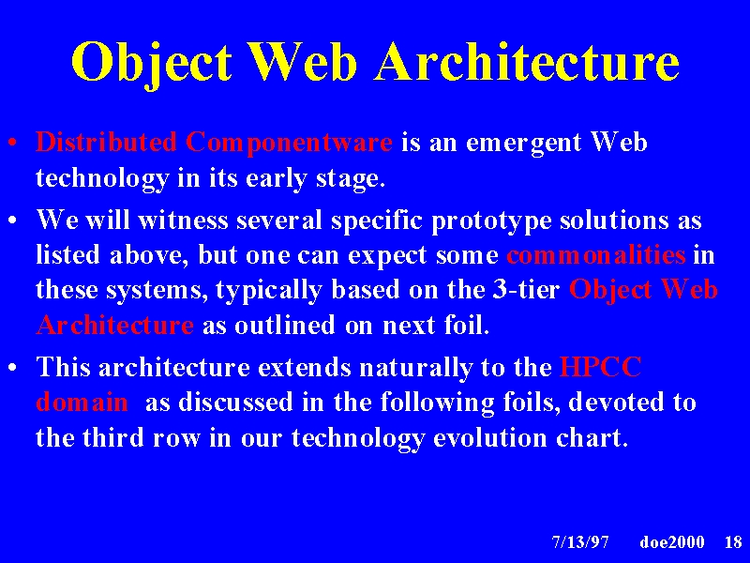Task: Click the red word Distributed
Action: click(x=106, y=143)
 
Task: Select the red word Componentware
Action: click(x=289, y=144)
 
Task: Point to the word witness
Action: click(x=183, y=221)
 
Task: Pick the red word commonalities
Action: click(x=596, y=254)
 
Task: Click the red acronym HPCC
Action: click(x=600, y=367)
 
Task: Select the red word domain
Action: click(x=82, y=403)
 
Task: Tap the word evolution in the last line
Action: click(x=489, y=437)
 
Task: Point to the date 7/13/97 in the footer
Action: click(x=580, y=542)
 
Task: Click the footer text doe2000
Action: click(x=671, y=542)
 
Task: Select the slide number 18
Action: click(x=733, y=542)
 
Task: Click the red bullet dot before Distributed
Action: click(x=13, y=143)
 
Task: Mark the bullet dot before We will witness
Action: click(x=13, y=221)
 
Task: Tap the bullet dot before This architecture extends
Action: click(x=13, y=368)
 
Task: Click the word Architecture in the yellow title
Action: click(x=527, y=61)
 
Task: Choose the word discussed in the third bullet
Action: click(x=235, y=403)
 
